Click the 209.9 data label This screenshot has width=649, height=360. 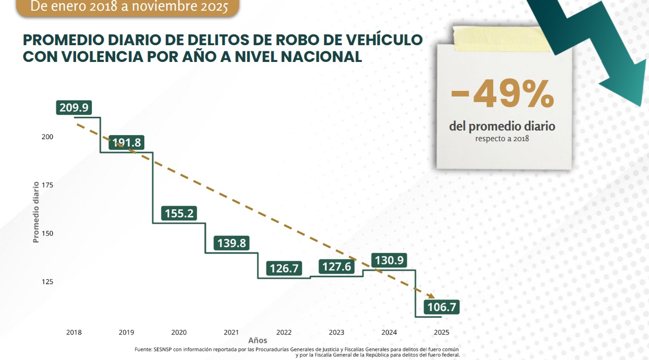74,108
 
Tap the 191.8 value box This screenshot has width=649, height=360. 126,142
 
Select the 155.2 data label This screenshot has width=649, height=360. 179,213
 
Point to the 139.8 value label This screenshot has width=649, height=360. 232,243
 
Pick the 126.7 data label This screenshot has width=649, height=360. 285,269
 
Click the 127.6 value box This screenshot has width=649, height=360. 337,267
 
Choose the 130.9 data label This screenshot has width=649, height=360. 389,260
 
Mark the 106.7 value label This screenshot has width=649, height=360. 441,307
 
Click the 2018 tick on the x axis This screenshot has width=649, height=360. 74,333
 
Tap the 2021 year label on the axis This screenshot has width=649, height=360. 231,333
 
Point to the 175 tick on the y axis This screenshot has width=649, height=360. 47,185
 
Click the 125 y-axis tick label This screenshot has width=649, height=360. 47,282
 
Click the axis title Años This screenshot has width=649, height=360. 258,341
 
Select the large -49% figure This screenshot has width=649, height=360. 502,94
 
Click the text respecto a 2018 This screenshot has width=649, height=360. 502,138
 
